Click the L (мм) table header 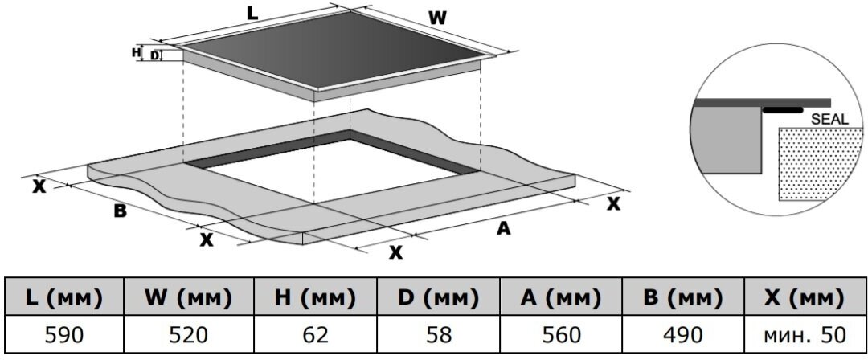click(x=63, y=298)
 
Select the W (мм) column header click(x=188, y=298)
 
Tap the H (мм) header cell click(x=314, y=298)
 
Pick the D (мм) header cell click(x=438, y=298)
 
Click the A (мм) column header click(x=561, y=298)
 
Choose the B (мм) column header click(x=683, y=298)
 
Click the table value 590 click(x=63, y=334)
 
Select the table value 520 click(x=188, y=334)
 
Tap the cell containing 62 click(x=314, y=334)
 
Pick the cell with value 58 click(x=438, y=334)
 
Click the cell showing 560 click(x=561, y=334)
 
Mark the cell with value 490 click(x=683, y=334)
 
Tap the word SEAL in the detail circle click(x=829, y=119)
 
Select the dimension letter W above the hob click(x=436, y=17)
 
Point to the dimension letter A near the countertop click(x=503, y=228)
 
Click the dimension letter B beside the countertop click(x=120, y=211)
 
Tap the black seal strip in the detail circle click(x=783, y=110)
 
